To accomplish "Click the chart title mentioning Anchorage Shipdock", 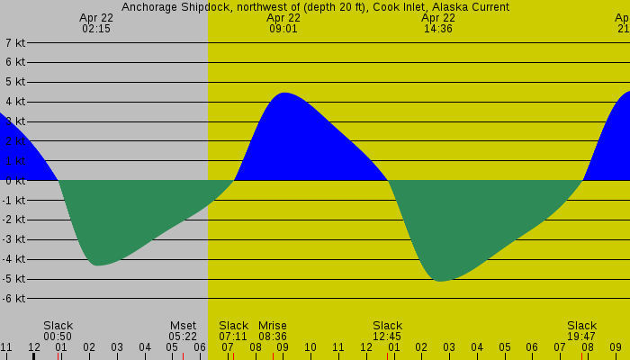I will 315,6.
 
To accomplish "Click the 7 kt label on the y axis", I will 14,42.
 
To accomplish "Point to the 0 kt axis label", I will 14,180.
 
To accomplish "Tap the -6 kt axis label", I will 14,298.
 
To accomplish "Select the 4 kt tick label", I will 14,102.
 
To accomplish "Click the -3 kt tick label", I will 14,239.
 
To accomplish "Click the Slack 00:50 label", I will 58,330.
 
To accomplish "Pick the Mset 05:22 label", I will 183,330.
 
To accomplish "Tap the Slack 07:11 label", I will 233,330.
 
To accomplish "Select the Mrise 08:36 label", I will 273,330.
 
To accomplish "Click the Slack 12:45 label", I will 387,330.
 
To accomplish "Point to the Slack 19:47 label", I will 581,330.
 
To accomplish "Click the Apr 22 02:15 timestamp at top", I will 95,22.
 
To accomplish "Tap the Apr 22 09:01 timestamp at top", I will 283,22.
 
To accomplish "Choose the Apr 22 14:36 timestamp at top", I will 438,22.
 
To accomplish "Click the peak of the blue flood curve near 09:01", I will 283,94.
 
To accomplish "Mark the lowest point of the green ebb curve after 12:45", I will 439,281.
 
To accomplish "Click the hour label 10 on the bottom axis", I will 310,347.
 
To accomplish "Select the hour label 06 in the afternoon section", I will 532,347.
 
